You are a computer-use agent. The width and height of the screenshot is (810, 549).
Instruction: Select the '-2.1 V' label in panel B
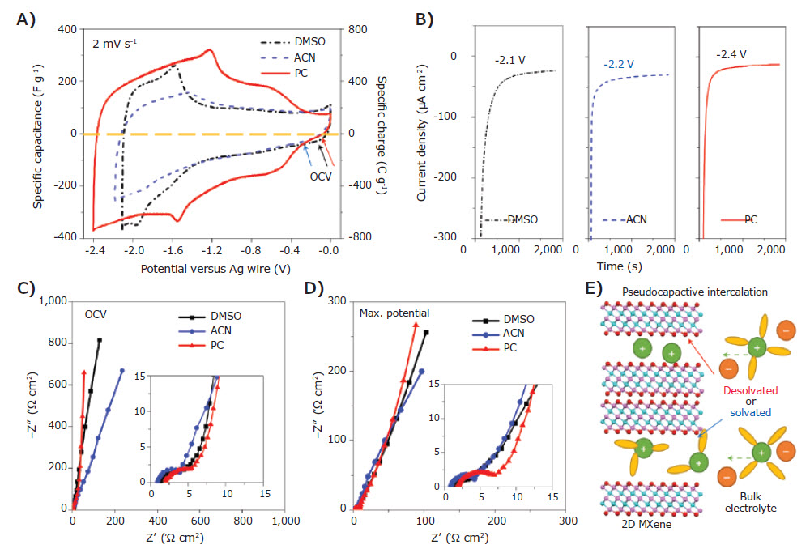coord(510,57)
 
